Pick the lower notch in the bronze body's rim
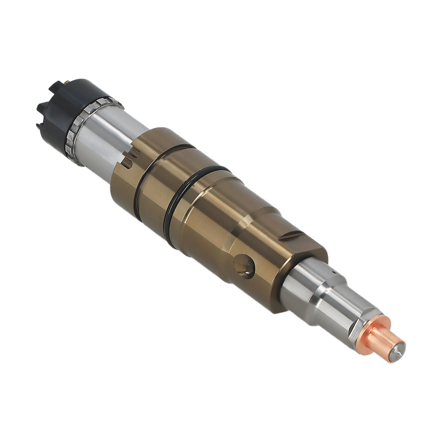pos(126,163)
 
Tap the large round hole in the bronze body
pos(244,267)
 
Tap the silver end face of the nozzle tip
pos(397,351)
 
